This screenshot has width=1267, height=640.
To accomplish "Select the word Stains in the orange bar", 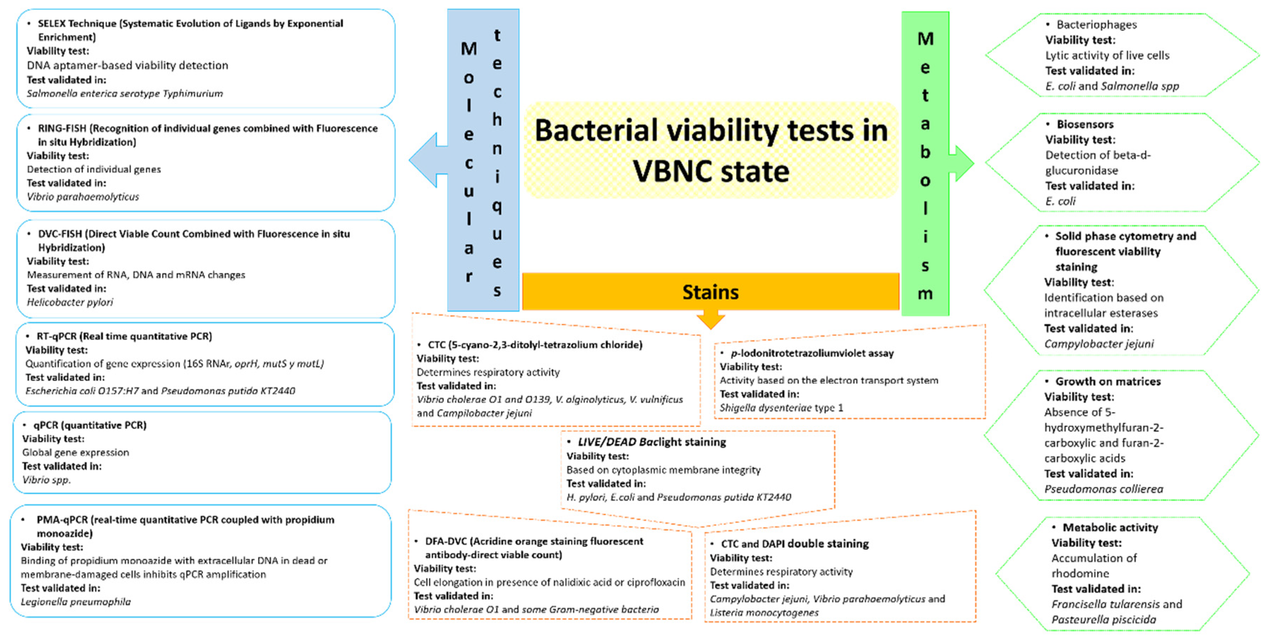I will click(710, 292).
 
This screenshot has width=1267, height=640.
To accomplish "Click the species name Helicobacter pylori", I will click(70, 302).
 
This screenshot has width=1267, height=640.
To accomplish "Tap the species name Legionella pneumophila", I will click(76, 602).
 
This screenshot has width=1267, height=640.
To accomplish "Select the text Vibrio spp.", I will click(47, 480).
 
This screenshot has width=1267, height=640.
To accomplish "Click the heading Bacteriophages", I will click(1096, 25).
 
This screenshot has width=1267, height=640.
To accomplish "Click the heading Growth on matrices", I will click(1108, 381).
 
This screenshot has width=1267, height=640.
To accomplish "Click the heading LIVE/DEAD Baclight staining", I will click(651, 442).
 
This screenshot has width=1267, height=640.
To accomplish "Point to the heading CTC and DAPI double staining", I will click(794, 544).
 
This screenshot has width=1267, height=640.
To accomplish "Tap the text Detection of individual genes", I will click(94, 169).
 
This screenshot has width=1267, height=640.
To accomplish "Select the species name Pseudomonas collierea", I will click(1104, 489).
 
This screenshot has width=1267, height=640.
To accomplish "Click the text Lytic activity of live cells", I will click(1107, 55).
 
